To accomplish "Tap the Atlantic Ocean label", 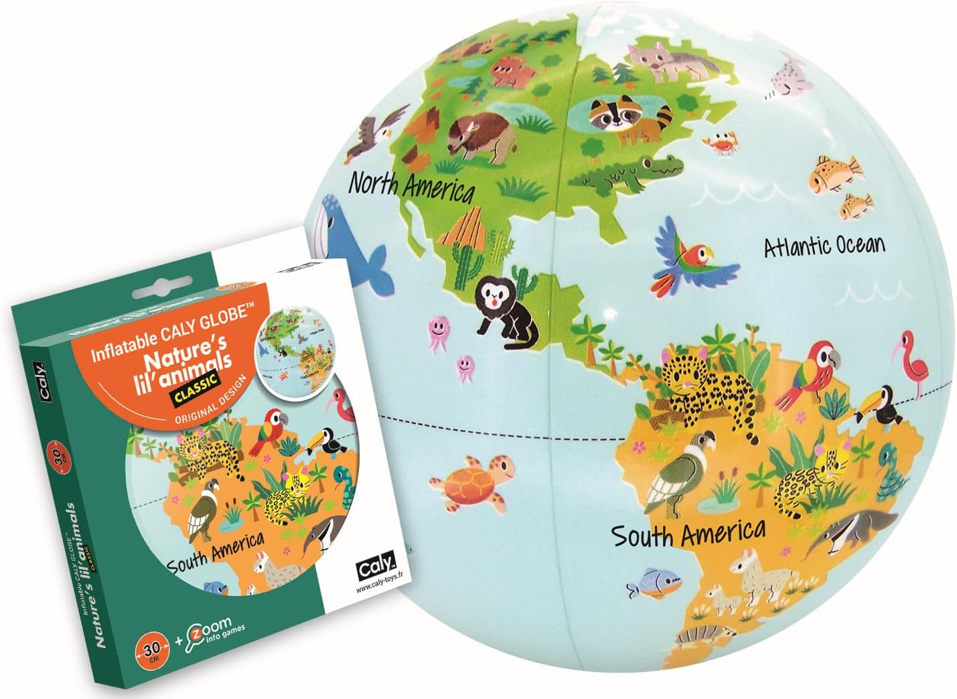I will click(x=824, y=246).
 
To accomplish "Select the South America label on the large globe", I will click(x=688, y=534).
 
